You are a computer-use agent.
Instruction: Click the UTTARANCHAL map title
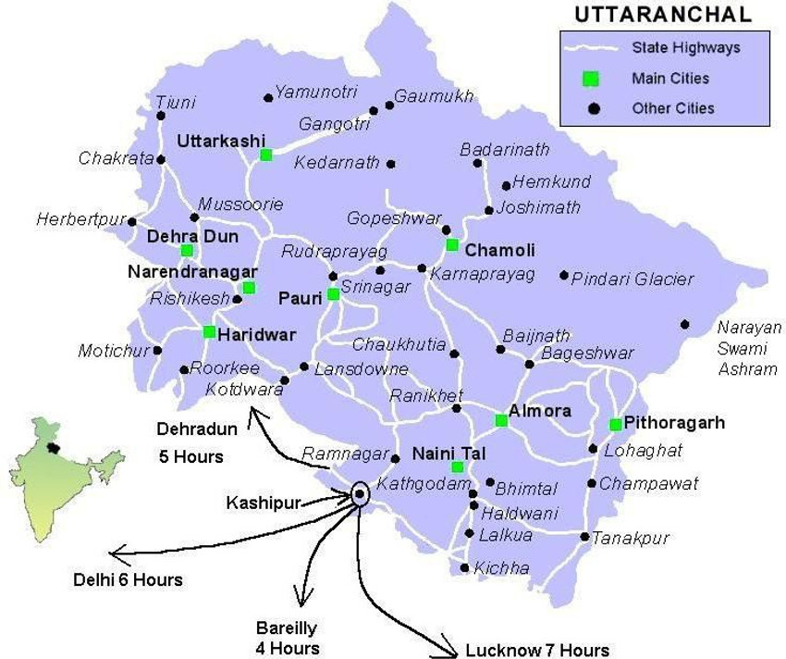pos(662,15)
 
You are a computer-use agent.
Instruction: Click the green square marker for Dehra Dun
pos(187,250)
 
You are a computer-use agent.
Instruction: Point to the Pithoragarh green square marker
pos(615,425)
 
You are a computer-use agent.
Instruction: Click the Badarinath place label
pos(505,149)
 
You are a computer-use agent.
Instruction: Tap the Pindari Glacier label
pos(632,279)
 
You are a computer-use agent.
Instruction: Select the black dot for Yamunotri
pos(268,96)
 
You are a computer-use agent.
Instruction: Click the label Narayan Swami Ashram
pos(749,348)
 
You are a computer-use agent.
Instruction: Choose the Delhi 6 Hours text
pos(128,580)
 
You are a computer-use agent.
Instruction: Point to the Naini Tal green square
pos(457,466)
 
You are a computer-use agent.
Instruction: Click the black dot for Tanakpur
pos(584,537)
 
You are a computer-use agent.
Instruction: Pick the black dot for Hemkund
pos(506,185)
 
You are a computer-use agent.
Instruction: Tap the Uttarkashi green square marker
pos(266,155)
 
